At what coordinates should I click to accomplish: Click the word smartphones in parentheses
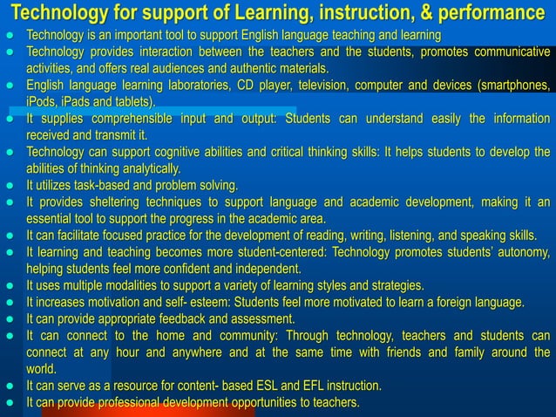click(513, 85)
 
